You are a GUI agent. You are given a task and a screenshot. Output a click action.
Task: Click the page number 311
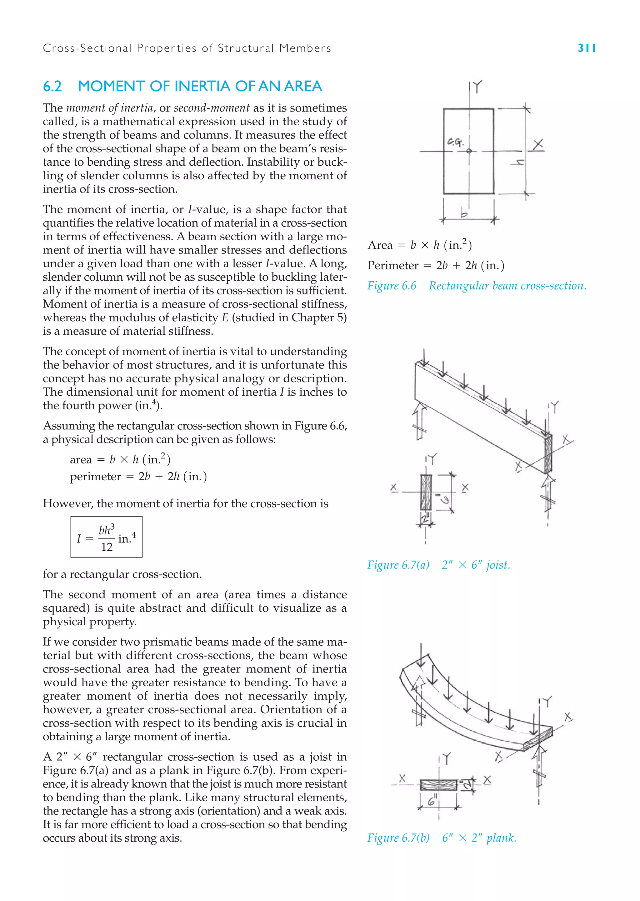[x=586, y=48]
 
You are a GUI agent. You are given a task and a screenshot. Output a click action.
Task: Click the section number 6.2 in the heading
[x=52, y=86]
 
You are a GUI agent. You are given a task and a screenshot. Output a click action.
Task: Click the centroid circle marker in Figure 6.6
[x=469, y=151]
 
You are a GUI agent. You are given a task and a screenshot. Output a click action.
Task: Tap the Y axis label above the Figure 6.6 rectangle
[x=477, y=86]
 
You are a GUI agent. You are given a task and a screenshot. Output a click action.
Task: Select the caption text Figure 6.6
[x=392, y=286]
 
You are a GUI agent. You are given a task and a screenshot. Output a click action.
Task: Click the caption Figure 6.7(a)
[x=398, y=565]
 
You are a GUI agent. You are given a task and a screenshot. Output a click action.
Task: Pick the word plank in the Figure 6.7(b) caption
[x=501, y=838]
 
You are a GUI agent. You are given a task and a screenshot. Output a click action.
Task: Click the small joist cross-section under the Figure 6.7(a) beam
[x=426, y=492]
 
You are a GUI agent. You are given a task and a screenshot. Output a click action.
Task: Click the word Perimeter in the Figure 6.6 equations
[x=392, y=265]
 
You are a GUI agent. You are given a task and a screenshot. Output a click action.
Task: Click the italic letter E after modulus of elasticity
[x=225, y=318]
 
